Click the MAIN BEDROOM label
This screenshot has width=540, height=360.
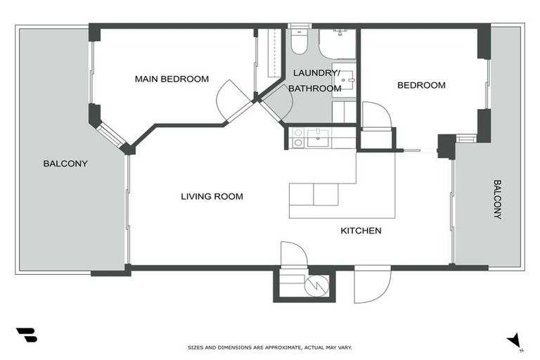pyautogui.click(x=172, y=79)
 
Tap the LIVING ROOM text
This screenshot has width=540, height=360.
pyautogui.click(x=212, y=196)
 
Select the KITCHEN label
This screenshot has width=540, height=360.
pyautogui.click(x=361, y=231)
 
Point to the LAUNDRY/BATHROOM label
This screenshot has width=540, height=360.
pyautogui.click(x=316, y=80)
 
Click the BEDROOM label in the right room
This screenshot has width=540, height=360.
pyautogui.click(x=421, y=85)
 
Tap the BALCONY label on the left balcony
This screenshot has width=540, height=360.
pyautogui.click(x=65, y=163)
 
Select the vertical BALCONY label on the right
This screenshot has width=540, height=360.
pyautogui.click(x=497, y=199)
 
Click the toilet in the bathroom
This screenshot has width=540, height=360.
pyautogui.click(x=299, y=42)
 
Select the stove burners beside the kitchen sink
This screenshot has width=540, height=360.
pyautogui.click(x=297, y=137)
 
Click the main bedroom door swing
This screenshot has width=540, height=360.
pyautogui.click(x=231, y=101)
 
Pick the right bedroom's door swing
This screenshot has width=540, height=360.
pyautogui.click(x=376, y=115)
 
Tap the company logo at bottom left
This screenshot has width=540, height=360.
pyautogui.click(x=26, y=335)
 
